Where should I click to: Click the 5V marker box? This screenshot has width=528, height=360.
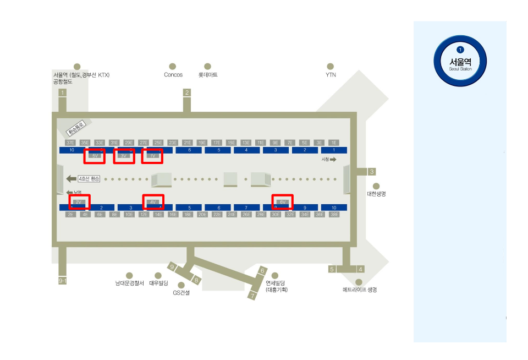[95, 156]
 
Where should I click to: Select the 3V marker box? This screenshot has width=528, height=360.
[124, 156]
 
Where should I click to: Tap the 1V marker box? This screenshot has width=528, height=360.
[153, 156]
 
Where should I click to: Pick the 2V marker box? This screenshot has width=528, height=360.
[80, 202]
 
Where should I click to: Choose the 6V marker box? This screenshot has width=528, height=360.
[283, 202]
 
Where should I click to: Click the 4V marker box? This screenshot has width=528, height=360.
[153, 202]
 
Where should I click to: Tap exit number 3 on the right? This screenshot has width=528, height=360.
[372, 172]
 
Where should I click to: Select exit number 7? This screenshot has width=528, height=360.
[252, 296]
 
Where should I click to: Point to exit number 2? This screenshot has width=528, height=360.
[187, 92]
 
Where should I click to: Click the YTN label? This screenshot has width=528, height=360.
[331, 75]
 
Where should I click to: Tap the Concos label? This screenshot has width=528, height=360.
[173, 75]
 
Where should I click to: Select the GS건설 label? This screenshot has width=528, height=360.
[181, 293]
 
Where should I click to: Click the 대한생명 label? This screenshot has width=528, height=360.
[376, 194]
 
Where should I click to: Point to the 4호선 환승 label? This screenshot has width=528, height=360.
[89, 179]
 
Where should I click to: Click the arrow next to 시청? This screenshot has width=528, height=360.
[333, 160]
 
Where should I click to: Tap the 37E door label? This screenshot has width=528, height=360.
[70, 143]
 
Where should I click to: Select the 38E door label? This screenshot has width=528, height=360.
[334, 215]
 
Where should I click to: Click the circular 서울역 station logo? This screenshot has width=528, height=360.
[460, 61]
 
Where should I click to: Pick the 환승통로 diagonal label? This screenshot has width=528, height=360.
[76, 129]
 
